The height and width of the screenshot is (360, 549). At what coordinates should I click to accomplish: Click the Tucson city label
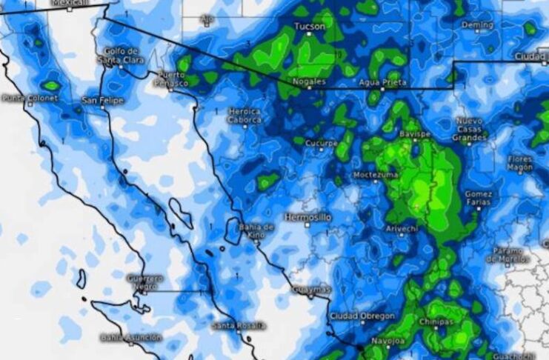tap(310, 27)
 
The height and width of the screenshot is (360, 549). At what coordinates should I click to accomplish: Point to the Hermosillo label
tap(308, 217)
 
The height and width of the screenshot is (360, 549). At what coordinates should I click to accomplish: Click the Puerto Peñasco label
tap(173, 80)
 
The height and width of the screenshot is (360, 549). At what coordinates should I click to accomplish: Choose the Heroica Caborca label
tap(244, 116)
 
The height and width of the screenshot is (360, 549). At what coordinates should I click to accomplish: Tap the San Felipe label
tap(103, 99)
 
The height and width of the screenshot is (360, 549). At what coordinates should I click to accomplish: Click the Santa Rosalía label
tap(235, 326)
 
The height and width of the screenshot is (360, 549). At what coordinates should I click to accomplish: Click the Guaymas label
tap(310, 288)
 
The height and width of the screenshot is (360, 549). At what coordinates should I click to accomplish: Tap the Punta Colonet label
tap(29, 98)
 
